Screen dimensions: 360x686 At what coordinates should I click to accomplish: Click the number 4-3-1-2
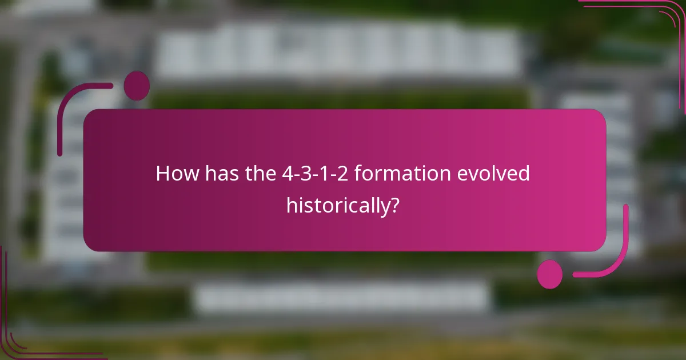[x=313, y=174]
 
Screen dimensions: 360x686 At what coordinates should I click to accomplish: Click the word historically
[x=338, y=205]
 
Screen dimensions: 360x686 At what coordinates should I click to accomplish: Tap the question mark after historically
[x=393, y=205]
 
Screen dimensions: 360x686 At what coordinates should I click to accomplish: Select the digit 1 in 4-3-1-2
[x=323, y=174]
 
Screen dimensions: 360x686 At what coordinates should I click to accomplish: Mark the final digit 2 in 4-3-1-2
[x=341, y=174]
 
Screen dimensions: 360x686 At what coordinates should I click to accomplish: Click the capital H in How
[x=162, y=174]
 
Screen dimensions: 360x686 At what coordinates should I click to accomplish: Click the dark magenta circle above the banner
[x=137, y=86]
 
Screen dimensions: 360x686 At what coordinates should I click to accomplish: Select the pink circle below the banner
[x=550, y=274]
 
